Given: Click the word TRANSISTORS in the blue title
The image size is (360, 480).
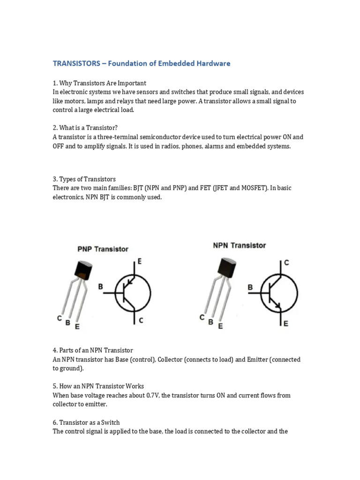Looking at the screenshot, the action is coord(76,63).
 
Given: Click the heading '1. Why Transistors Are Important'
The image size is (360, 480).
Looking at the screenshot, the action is coord(99,83).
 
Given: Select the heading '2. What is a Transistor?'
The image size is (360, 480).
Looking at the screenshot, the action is coord(85,127).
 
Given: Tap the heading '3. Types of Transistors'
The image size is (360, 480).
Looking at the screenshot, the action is coord(84,179).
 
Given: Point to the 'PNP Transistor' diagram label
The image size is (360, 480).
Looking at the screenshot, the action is coord(103,249).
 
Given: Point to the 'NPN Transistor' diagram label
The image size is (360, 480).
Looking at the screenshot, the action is coord(240,246).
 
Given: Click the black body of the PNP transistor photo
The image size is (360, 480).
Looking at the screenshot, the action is coord(83,270).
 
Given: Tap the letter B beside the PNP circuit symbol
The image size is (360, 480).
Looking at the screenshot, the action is coord(100,287).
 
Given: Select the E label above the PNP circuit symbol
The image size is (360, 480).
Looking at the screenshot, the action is coord(140,262).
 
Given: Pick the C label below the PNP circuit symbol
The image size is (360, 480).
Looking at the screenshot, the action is coord(141,321).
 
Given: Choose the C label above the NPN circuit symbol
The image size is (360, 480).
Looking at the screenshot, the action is coord(286,262).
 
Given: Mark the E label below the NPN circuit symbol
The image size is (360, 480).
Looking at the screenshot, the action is coord(286,323).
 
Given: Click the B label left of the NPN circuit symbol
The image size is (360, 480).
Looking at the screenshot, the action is coord(250,287).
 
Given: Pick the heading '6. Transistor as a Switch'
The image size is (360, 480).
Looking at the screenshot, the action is coord(86,423).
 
